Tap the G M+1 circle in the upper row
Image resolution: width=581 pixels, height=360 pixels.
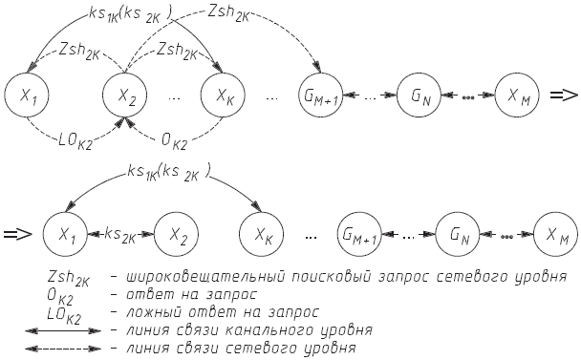point(322,95)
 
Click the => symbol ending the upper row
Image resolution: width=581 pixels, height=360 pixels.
point(564,95)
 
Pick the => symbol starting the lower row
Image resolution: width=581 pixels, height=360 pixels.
point(20,232)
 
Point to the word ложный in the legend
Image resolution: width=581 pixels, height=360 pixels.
point(149,312)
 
